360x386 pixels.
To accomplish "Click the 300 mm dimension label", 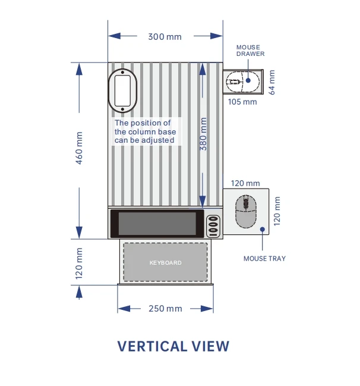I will click(x=165, y=37).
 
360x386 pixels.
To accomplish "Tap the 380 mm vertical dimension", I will click(x=203, y=134).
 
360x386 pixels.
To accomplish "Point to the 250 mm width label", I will click(x=166, y=309).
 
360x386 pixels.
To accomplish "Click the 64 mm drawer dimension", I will click(x=272, y=82).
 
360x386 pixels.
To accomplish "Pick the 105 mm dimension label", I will click(x=242, y=102).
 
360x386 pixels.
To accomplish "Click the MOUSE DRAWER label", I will click(x=250, y=51).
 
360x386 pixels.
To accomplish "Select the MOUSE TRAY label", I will click(x=264, y=259).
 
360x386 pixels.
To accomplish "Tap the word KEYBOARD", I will click(x=165, y=262).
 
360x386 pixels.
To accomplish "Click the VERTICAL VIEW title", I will click(x=173, y=346).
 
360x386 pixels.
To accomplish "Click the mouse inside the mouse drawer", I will click(x=236, y=82).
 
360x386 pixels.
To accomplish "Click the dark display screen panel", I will click(x=157, y=224).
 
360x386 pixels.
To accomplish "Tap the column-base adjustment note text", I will click(x=145, y=131).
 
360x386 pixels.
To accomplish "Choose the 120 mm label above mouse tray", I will click(x=245, y=183).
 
